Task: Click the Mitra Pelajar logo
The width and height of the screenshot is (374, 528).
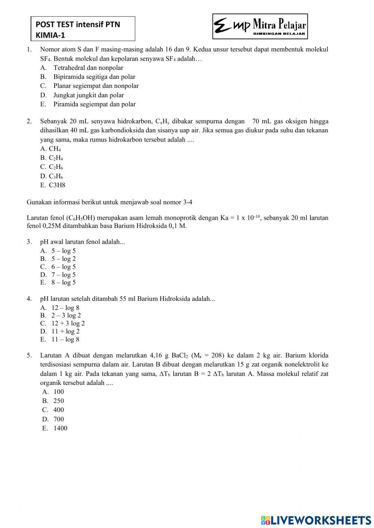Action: [x=260, y=27]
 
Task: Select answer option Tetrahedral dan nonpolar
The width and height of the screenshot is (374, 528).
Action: [x=88, y=68]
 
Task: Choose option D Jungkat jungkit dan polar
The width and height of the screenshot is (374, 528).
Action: [x=88, y=95]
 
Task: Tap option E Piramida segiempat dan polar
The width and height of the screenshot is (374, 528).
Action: [x=94, y=104]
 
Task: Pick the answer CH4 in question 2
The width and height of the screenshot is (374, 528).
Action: [x=55, y=149]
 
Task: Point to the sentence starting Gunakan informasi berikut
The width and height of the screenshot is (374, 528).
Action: [x=110, y=202]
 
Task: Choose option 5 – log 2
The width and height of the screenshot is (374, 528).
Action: [x=64, y=259]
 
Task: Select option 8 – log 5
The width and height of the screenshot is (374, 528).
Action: [x=64, y=282]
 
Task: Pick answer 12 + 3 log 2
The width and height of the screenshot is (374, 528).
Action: [x=68, y=323]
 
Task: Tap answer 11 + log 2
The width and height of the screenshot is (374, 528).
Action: [x=65, y=331]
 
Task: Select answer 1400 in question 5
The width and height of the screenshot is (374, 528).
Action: [x=60, y=428]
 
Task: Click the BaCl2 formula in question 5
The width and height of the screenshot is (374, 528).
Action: [x=180, y=355]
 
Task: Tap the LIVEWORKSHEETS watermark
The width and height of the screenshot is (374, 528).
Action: [x=316, y=520]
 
